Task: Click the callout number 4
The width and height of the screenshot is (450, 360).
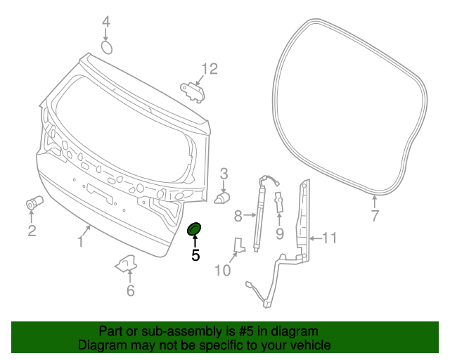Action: (x=105, y=22)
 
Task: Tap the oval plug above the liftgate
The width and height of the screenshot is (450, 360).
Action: (x=107, y=47)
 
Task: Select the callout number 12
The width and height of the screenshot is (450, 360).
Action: (x=210, y=68)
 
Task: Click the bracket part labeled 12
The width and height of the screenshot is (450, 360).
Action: (x=194, y=89)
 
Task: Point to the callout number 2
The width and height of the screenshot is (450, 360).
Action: (x=32, y=231)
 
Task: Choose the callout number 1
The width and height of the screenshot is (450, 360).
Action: (x=81, y=243)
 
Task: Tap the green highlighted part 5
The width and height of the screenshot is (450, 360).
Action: (x=194, y=229)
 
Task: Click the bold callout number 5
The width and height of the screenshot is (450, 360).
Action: (x=195, y=256)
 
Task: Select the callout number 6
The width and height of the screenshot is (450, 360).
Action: (x=130, y=290)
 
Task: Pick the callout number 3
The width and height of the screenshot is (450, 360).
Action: (x=224, y=173)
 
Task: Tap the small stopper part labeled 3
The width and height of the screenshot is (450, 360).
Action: (x=223, y=197)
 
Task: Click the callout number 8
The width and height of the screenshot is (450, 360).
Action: (x=238, y=216)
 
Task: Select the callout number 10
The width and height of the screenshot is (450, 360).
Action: (x=222, y=270)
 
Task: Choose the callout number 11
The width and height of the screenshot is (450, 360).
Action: (x=330, y=238)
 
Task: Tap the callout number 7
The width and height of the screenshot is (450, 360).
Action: (x=375, y=216)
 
